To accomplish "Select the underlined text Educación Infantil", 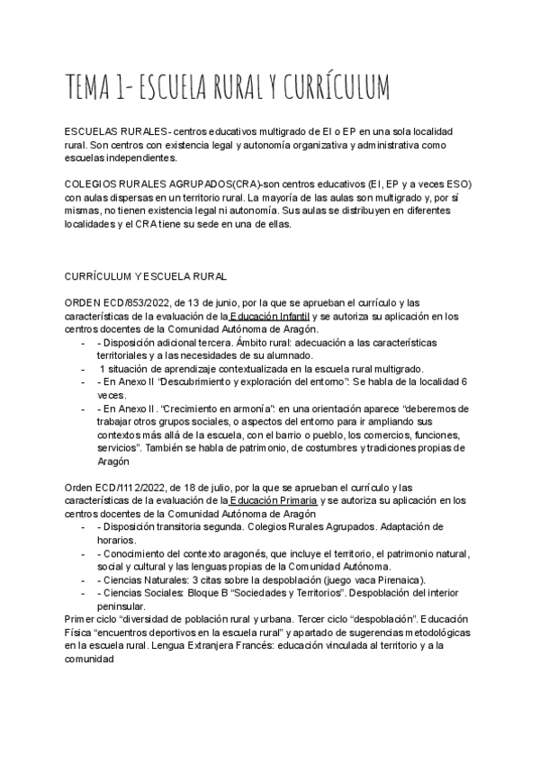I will point(269,317).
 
